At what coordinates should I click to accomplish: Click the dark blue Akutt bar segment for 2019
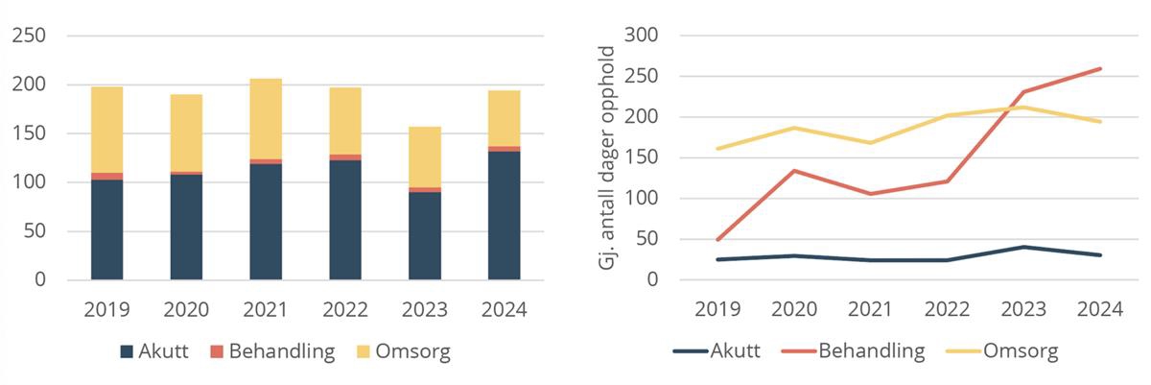coord(107,229)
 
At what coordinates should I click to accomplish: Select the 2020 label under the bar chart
coord(187,310)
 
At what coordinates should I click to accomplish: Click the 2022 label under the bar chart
coord(345,310)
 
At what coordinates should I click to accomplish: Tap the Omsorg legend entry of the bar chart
coord(401,351)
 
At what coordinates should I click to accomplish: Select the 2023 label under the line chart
coord(1023,310)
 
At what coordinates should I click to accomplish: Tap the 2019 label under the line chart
coord(716,310)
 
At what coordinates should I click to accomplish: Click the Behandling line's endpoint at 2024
coord(1100,69)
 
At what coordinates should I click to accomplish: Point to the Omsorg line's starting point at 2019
coord(716,149)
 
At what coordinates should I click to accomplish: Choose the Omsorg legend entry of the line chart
coord(1007,351)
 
